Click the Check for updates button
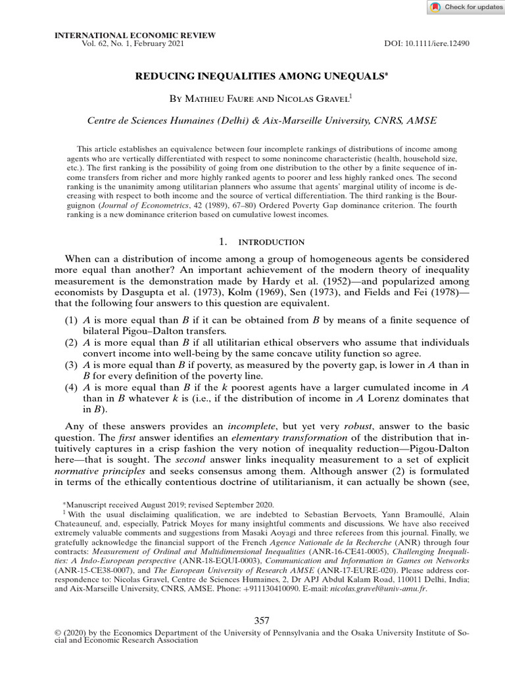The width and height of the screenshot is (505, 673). coord(465,7)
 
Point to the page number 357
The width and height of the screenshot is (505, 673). coord(262,620)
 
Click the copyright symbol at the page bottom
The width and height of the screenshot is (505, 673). coord(57,633)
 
